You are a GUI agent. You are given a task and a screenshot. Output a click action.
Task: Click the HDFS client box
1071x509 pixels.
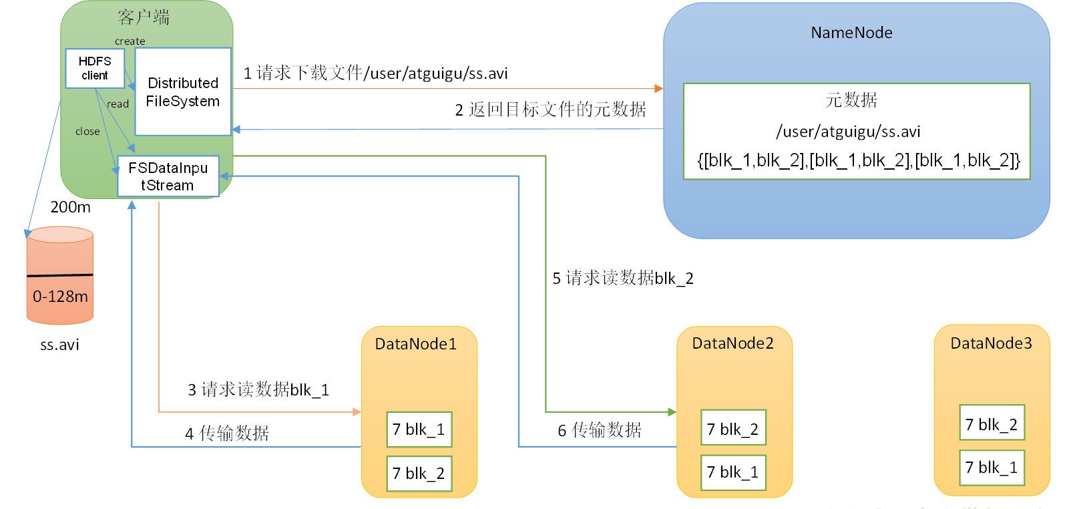95,68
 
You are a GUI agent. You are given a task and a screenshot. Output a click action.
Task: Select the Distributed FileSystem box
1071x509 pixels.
183,92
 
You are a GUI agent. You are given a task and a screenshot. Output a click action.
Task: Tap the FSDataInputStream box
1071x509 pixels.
168,176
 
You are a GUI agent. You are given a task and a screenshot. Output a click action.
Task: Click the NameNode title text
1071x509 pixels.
851,33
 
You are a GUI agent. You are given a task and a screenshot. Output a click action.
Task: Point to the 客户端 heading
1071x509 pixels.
144,17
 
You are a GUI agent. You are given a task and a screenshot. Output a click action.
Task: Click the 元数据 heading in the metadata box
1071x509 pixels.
851,100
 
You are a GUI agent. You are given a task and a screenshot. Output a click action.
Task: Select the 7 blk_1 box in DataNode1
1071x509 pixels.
419,430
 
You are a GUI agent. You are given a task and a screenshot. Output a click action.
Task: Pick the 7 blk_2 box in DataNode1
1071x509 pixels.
419,474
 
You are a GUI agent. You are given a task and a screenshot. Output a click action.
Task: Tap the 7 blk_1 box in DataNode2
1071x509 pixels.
733,472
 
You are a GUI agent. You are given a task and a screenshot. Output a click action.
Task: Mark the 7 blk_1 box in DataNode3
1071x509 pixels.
992,467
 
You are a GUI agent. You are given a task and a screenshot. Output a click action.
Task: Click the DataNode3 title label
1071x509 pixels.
992,343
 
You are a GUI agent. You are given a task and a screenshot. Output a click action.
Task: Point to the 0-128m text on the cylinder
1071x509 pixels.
60,297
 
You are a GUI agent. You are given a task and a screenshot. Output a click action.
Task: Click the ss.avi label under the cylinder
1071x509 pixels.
59,345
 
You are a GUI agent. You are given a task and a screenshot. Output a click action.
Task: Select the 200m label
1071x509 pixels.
71,207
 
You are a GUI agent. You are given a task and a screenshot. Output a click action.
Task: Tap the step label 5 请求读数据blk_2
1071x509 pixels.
623,278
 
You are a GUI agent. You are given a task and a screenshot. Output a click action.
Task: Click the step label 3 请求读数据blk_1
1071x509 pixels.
258,389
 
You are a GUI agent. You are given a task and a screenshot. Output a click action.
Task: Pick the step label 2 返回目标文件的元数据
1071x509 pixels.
551,110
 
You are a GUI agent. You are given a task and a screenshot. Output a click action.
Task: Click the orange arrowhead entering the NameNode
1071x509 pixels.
659,88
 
